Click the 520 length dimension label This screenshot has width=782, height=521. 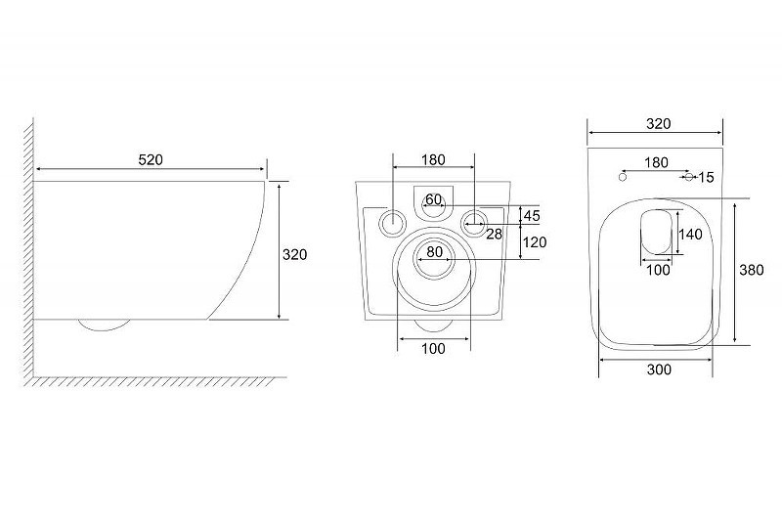click(x=151, y=160)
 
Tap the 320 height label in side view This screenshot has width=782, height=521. click(x=295, y=255)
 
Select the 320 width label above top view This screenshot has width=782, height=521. click(x=658, y=124)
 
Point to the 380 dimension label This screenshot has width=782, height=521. click(x=752, y=270)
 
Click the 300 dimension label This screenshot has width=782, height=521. click(x=659, y=369)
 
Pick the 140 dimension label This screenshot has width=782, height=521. click(x=691, y=234)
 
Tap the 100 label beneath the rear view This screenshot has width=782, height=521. click(x=433, y=349)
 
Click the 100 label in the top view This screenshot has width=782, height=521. click(x=658, y=270)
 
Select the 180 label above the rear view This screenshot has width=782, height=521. click(x=433, y=160)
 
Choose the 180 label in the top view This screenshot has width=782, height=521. click(x=656, y=163)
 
